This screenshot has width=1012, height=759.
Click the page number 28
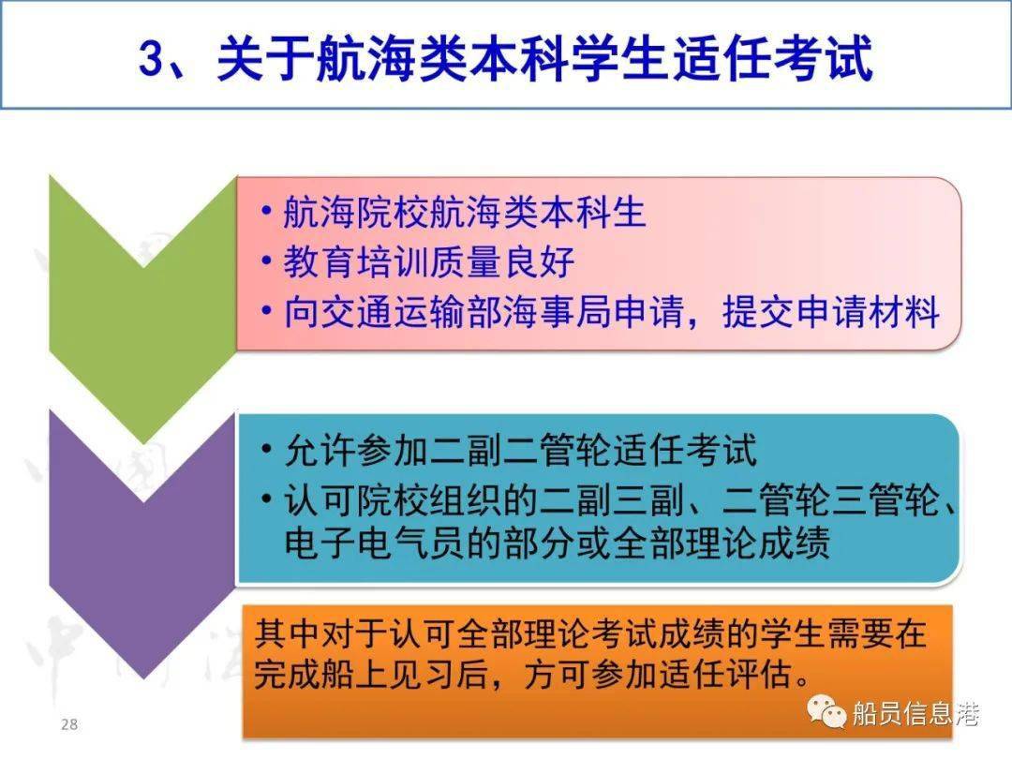pos(69,724)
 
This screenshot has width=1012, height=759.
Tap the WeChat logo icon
pos(826,712)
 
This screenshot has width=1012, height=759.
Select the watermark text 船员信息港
pos(915,713)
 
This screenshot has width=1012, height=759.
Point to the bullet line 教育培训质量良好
pos(428,261)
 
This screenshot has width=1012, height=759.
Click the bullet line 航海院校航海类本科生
pos(465,212)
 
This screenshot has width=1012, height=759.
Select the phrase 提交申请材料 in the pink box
pos(830,312)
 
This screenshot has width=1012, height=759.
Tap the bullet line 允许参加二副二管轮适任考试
pos(520,450)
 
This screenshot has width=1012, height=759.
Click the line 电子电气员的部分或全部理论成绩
pos(557,543)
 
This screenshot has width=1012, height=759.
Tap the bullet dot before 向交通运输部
pos(266,311)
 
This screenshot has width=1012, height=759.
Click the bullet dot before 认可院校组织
pos(266,499)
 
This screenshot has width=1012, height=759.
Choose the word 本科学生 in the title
pos(567,59)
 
